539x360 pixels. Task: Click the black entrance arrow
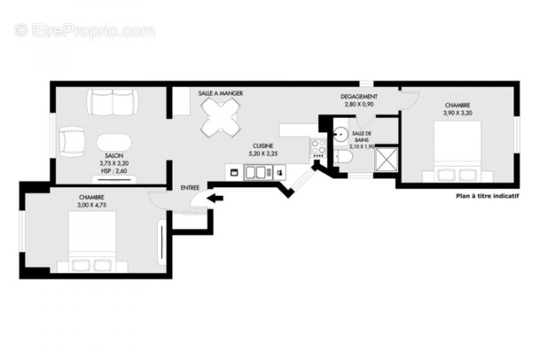point(215,199)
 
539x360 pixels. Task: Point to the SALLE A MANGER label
point(221,93)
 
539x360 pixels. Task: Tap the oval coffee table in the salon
point(114,142)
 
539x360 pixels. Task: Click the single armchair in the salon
point(71,141)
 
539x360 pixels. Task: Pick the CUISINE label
point(262,145)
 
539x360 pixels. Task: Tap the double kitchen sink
point(252,172)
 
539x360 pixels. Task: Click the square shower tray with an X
point(386,159)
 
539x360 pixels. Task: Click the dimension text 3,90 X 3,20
point(458,113)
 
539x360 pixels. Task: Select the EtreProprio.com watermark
point(84,30)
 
